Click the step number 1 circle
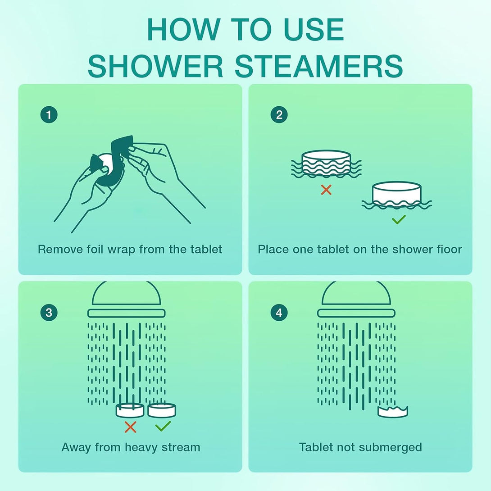[49, 115]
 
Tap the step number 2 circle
[279, 115]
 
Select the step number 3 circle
[49, 313]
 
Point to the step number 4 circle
[279, 313]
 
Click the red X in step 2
[326, 190]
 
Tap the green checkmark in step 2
[399, 220]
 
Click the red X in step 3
[130, 427]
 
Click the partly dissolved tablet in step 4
[393, 411]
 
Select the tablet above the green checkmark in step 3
[162, 410]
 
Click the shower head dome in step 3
[127, 294]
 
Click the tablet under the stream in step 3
[130, 410]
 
